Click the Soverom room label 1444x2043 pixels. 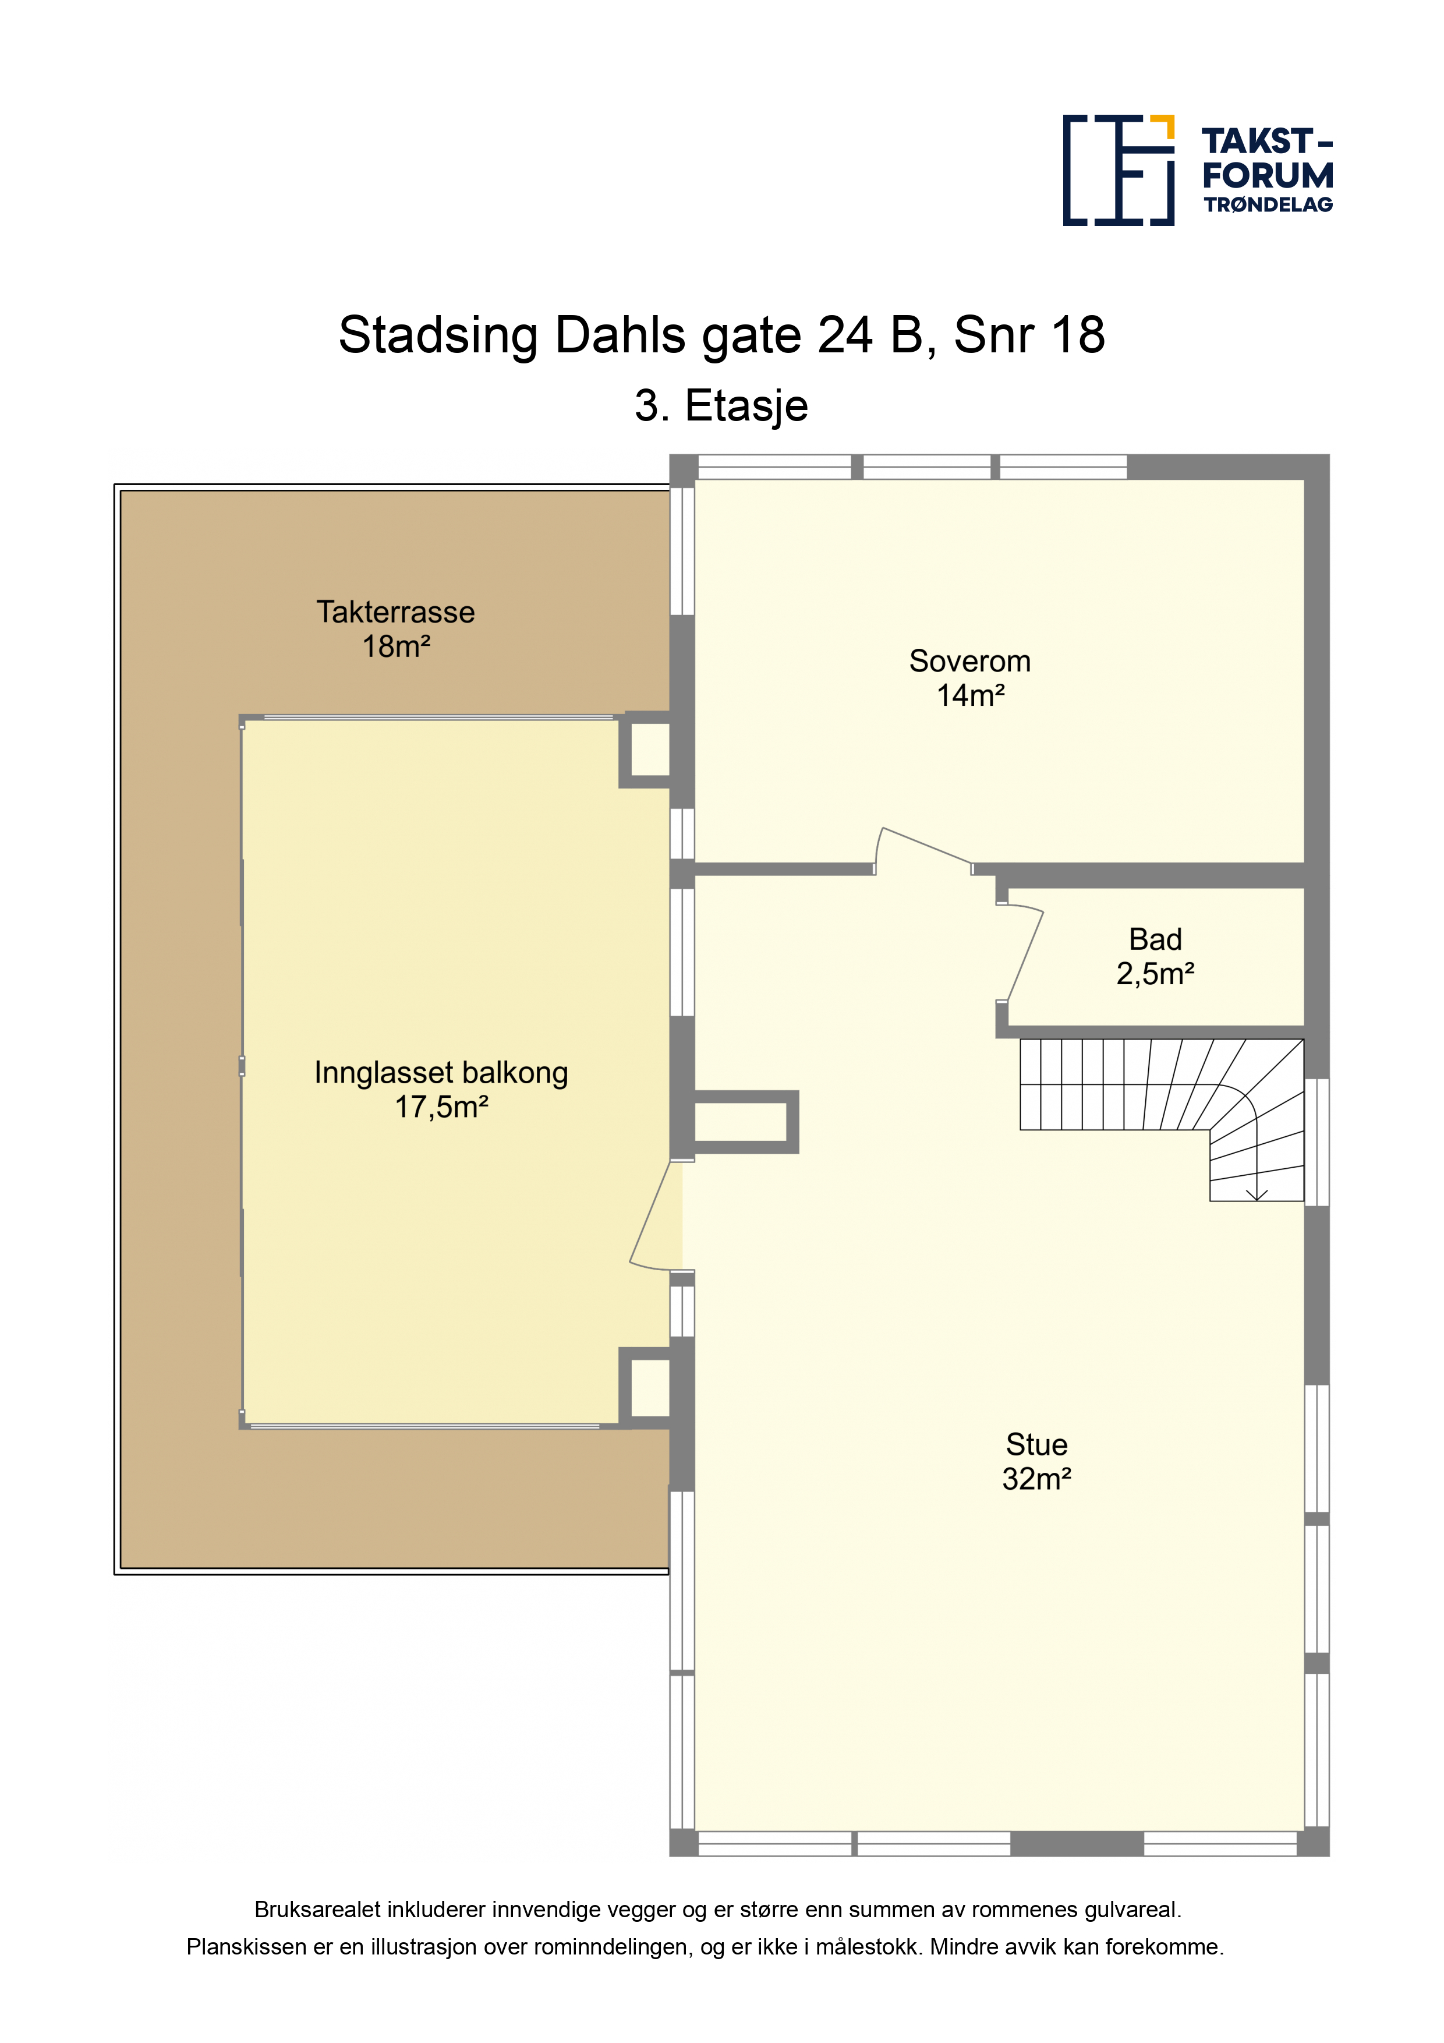(x=970, y=661)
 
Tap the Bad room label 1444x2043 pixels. (x=1155, y=939)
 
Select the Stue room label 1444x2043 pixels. (x=1036, y=1444)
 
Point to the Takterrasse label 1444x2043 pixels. (x=396, y=612)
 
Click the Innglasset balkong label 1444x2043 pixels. (x=441, y=1074)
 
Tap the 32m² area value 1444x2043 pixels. (x=1036, y=1479)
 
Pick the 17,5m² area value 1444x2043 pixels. (x=441, y=1108)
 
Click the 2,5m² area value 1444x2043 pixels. (x=1155, y=974)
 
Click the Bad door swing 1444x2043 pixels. (x=1023, y=952)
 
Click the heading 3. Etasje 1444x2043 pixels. (x=721, y=407)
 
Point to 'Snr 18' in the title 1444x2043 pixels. (x=1029, y=335)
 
